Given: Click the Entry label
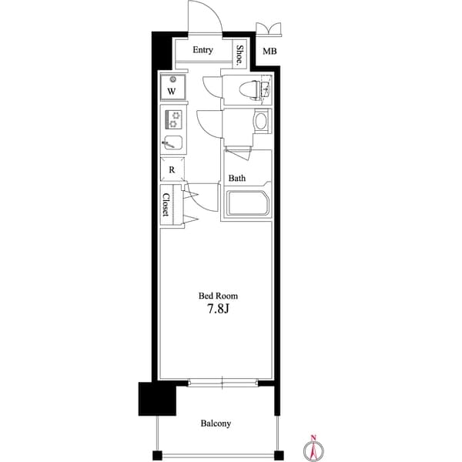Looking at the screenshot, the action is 203,50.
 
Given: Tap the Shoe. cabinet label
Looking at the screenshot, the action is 240,55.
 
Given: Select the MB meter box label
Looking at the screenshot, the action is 269,52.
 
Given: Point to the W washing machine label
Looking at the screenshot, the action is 172,92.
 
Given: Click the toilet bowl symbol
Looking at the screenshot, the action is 249,89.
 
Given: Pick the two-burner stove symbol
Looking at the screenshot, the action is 173,119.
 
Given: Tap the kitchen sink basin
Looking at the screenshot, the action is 172,142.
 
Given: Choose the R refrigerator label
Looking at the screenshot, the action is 172,169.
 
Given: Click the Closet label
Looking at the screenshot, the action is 166,205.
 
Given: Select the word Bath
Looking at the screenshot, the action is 237,178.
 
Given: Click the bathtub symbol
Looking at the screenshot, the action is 247,203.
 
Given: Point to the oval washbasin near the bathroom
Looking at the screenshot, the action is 261,122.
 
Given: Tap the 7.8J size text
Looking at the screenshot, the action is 218,309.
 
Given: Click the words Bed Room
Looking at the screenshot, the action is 218,296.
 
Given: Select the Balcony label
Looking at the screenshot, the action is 216,423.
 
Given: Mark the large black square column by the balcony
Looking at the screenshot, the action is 157,399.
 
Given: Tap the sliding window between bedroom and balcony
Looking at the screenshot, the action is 223,383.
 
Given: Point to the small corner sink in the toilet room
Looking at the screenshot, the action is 266,88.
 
